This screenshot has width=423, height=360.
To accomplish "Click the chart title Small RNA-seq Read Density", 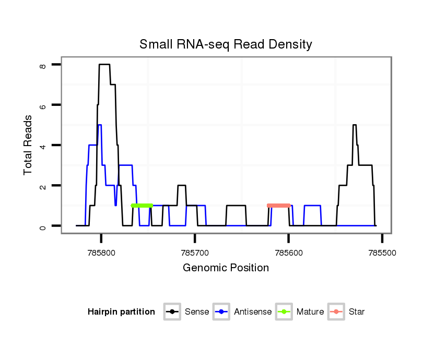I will click(226, 44).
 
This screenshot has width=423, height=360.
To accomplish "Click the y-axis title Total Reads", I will click(28, 145).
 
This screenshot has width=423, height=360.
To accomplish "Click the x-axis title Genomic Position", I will click(226, 268).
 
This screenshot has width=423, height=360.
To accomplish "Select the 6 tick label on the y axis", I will click(43, 105).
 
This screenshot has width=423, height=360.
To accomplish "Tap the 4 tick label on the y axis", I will click(43, 145).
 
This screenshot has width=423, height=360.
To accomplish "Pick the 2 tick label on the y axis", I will click(43, 186).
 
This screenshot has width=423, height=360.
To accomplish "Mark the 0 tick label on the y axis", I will click(43, 226).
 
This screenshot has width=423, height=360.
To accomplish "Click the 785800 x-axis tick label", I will click(101, 252).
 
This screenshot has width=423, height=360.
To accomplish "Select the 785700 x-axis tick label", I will click(195, 252).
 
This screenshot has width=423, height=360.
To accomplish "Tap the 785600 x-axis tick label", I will click(288, 252).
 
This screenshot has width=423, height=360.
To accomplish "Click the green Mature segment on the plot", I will click(142, 206).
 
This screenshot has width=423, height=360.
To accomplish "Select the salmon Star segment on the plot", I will click(278, 206).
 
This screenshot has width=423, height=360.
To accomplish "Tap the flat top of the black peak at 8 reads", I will click(104, 64).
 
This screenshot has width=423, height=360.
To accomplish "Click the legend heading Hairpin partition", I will click(121, 312).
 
